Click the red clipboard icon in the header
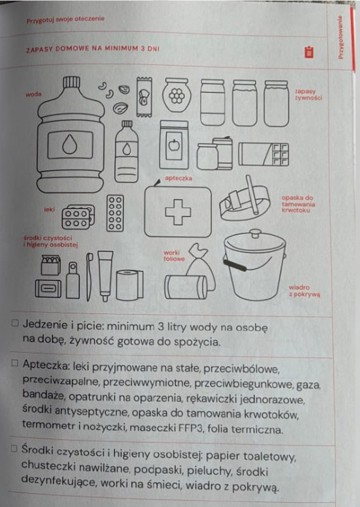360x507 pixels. [309, 52]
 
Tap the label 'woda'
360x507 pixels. [34, 95]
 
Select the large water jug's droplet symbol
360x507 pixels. [70, 145]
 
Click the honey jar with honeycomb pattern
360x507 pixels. [177, 95]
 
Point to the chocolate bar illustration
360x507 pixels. [264, 154]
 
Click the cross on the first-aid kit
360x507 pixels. [178, 212]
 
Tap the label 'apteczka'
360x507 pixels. [179, 178]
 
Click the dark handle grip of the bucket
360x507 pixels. [235, 264]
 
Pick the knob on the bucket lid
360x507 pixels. [255, 232]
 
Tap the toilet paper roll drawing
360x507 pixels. [129, 285]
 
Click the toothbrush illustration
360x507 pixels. [89, 277]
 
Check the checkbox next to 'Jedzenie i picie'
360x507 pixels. [15, 323]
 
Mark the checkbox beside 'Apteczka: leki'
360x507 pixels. [15, 363]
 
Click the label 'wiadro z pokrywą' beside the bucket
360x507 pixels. [305, 291]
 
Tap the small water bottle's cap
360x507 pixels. [127, 124]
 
